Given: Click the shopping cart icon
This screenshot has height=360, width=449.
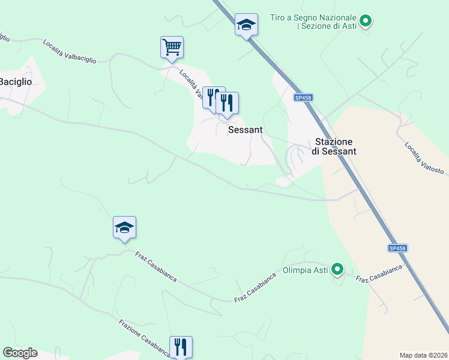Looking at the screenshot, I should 172,47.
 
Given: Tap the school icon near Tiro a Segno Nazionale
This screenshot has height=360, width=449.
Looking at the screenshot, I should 246,25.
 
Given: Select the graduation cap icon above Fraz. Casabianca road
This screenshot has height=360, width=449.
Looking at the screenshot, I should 124,227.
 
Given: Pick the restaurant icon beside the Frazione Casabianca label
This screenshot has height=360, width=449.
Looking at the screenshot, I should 181,347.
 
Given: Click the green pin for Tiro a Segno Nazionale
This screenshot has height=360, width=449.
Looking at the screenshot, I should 364,22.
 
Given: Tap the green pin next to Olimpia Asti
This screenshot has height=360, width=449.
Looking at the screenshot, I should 337,270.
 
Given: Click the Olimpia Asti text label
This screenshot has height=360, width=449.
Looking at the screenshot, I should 306,270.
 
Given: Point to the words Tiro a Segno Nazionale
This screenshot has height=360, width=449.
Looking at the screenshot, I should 313,17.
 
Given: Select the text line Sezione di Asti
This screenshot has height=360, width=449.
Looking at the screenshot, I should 327,26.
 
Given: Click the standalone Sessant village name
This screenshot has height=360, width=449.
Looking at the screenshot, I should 246,130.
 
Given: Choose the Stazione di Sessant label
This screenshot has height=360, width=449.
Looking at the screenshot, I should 334,146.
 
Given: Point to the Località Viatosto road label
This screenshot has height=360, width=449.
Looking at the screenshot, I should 423,158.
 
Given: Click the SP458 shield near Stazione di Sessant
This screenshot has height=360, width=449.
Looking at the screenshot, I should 304,97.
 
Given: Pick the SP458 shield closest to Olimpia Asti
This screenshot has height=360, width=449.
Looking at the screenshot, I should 397,248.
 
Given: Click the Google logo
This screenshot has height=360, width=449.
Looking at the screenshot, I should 20,353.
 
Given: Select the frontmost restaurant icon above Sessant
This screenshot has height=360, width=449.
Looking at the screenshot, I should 227,103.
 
